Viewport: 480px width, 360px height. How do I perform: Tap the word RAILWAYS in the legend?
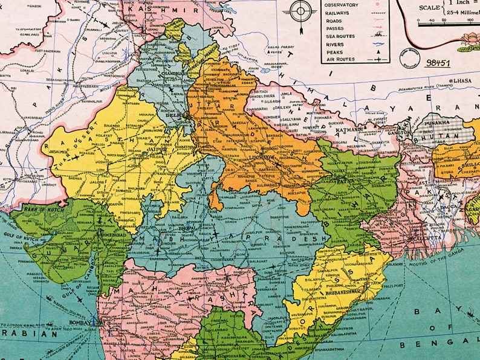[337, 12]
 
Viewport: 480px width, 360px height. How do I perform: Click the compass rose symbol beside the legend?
[300, 12]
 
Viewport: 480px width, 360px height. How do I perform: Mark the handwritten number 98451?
[439, 62]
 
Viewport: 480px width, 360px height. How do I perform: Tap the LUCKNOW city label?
[262, 158]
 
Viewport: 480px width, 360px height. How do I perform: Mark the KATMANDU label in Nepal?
[350, 129]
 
